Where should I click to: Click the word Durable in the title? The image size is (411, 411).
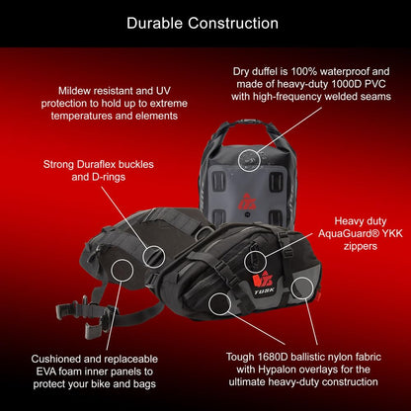point(154,24)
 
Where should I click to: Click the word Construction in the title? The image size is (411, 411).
point(233,24)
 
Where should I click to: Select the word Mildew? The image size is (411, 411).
point(71,91)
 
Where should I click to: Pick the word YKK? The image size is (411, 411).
point(392,233)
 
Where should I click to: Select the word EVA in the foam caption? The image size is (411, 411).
point(45,371)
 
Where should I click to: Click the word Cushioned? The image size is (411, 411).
point(55,359)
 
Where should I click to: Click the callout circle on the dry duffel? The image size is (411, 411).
point(249,160)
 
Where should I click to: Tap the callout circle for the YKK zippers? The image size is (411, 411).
point(255,262)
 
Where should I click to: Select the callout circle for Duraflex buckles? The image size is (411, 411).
point(154,257)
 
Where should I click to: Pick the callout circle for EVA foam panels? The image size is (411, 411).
point(123,270)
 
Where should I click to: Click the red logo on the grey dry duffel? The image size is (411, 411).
point(247,202)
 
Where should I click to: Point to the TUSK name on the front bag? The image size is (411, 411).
point(264,291)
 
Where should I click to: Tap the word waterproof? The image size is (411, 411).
point(346,71)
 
